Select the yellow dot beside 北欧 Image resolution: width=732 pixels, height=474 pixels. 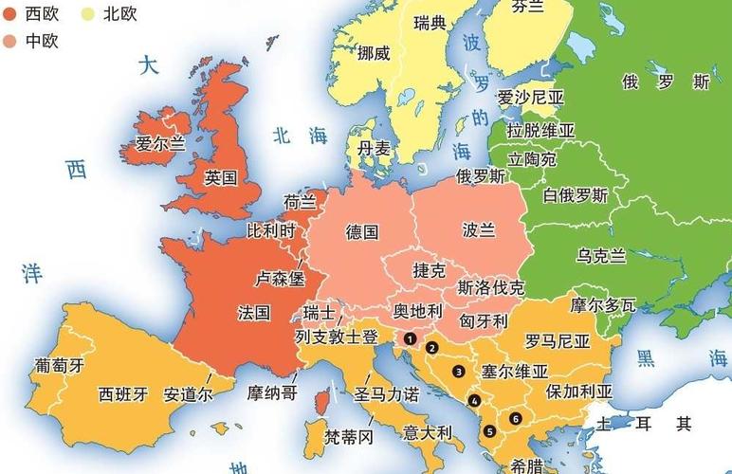click(88, 14)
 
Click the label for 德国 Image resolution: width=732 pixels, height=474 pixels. click(362, 231)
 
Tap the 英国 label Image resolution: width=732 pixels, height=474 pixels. click(220, 177)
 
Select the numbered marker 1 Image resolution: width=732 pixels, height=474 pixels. click(410, 337)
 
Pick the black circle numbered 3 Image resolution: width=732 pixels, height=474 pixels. click(458, 371)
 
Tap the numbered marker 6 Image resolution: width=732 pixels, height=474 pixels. click(515, 418)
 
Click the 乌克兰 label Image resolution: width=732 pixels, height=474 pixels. click(601, 255)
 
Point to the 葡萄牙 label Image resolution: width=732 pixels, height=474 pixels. click(59, 365)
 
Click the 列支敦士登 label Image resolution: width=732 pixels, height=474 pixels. click(336, 337)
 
